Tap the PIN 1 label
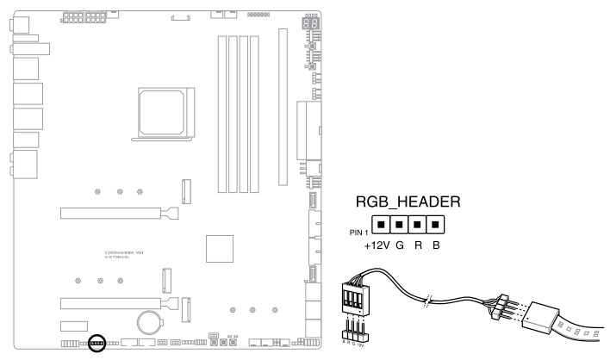[358, 232]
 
